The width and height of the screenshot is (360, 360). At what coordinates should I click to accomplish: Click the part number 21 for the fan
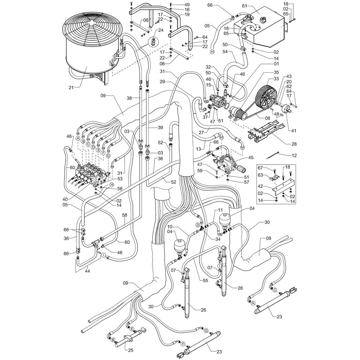71,87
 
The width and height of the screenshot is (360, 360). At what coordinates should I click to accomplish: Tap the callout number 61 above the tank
244,6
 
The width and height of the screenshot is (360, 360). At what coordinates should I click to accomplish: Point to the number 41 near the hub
294,131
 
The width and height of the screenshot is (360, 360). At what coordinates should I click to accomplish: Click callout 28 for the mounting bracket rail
294,144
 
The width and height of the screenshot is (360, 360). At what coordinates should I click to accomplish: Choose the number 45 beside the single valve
251,158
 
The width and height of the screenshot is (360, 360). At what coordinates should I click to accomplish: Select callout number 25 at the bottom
131,350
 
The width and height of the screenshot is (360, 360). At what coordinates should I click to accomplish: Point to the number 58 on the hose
125,215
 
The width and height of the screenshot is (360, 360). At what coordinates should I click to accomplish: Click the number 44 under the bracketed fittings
87,271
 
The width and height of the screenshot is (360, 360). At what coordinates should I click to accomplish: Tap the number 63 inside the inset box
260,176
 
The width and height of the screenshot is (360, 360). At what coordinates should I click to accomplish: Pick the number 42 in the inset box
260,186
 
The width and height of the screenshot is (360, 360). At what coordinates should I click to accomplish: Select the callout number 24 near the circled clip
161,30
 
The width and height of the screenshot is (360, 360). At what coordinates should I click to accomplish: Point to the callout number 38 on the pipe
129,98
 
